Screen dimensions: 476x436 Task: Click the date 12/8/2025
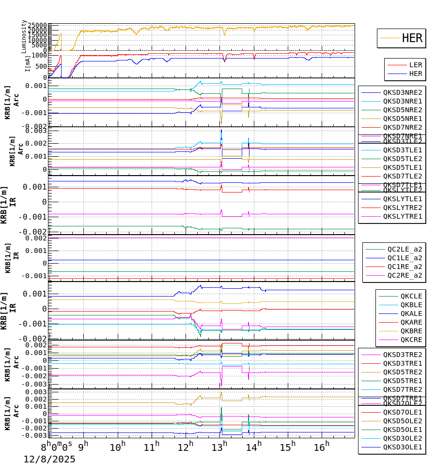tap(49, 459)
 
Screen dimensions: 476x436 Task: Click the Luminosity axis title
tap(24, 36)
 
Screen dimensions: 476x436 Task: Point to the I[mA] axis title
tap(28, 63)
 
